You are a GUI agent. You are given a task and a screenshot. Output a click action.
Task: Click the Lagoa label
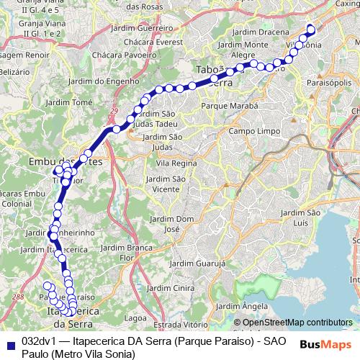tap(136, 317)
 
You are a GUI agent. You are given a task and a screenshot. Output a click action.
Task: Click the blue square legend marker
tap(9, 342)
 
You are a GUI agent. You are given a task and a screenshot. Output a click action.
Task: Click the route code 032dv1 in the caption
tap(39, 341)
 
